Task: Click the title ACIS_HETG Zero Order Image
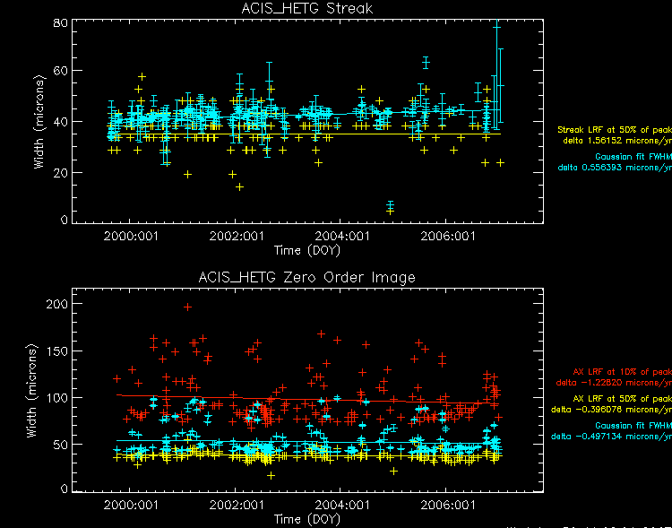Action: (x=307, y=278)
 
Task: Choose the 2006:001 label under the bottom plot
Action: (x=445, y=506)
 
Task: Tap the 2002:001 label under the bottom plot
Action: (x=235, y=506)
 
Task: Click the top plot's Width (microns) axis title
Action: (x=31, y=122)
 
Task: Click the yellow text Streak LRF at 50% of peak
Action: (x=614, y=130)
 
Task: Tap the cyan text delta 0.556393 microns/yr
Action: (x=614, y=167)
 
